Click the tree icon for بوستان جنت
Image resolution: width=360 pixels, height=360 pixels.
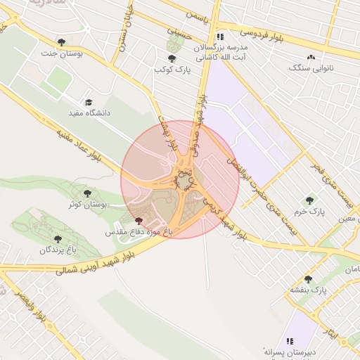pos(62,42)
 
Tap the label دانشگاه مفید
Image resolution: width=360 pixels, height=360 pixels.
pos(86,113)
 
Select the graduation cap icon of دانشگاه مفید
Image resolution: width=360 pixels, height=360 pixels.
pos(88,102)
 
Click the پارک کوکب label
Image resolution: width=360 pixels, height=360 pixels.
pos(172,70)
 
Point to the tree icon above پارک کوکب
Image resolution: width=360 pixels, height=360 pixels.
pos(172,58)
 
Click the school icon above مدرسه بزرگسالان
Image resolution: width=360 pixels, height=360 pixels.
pos(220,37)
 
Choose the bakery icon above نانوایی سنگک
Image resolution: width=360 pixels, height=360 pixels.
pos(311,58)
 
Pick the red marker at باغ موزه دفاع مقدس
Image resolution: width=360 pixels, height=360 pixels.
pos(137,221)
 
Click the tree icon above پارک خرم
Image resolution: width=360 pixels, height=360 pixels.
pos(309,200)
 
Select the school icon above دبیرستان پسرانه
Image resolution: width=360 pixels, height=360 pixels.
pos(289,340)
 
